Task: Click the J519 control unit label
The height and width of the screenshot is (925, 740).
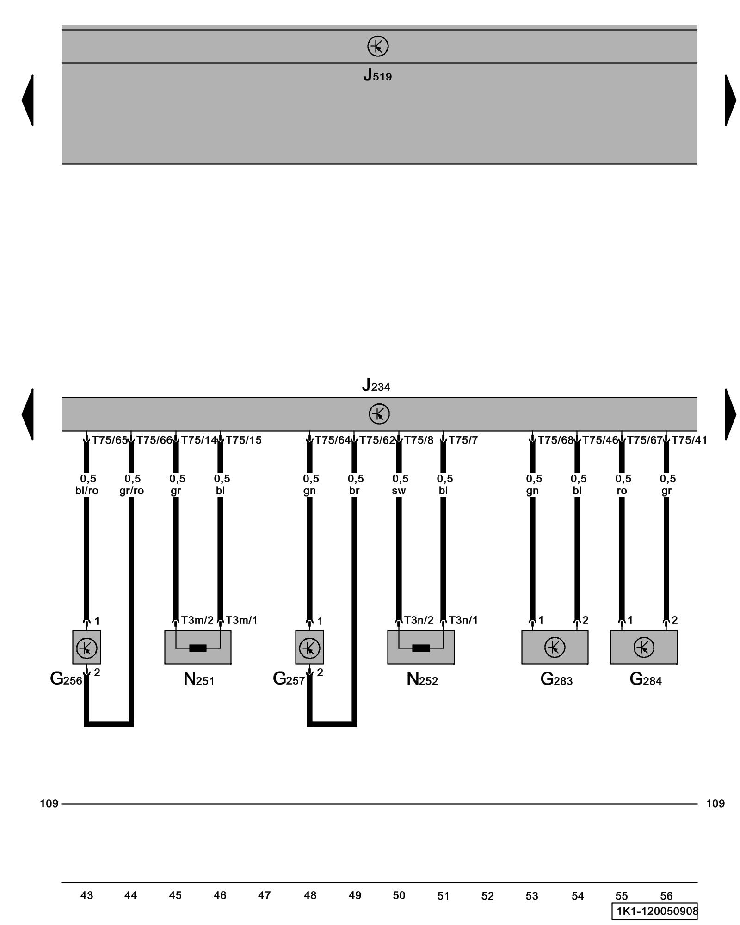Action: click(377, 75)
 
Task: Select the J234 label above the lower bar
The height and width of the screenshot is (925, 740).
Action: click(376, 385)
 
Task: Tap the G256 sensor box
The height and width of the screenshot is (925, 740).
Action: click(86, 647)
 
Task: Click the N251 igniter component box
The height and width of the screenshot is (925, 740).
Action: click(198, 647)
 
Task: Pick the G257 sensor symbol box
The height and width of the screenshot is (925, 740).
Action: click(309, 647)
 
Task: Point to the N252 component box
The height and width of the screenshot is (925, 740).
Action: click(421, 647)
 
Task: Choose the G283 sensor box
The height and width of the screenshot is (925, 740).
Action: click(555, 647)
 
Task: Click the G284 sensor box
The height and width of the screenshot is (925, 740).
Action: click(644, 647)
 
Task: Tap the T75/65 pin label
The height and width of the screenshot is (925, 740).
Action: click(110, 440)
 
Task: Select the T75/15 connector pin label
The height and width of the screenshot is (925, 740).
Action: click(243, 440)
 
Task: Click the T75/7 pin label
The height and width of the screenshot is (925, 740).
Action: click(463, 440)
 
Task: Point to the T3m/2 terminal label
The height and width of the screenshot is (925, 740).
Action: click(197, 620)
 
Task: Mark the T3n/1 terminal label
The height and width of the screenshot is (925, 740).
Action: click(463, 620)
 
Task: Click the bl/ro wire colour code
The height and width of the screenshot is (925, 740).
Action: click(87, 491)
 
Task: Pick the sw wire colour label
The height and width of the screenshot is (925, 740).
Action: click(399, 491)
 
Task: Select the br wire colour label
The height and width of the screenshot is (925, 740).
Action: click(354, 491)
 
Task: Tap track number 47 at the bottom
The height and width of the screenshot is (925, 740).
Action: click(264, 895)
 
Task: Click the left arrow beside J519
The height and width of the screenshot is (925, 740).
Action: click(28, 100)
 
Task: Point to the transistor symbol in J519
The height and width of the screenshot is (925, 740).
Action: click(378, 46)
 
